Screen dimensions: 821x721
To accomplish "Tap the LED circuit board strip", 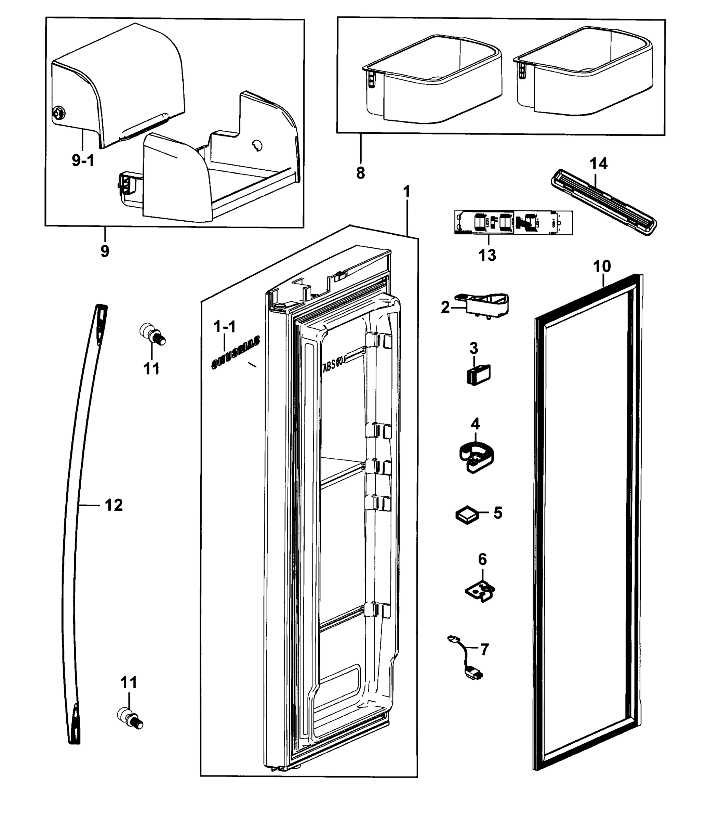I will [x=513, y=222].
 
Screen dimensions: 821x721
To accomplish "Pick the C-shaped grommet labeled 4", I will [x=476, y=457].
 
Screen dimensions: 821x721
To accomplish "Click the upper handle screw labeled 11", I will [x=152, y=334].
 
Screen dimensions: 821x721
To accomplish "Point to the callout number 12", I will [x=114, y=505].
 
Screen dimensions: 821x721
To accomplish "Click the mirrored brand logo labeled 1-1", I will [x=236, y=352].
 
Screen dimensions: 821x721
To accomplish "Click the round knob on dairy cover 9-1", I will [x=58, y=113].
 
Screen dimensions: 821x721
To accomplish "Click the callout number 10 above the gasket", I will [x=602, y=266].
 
